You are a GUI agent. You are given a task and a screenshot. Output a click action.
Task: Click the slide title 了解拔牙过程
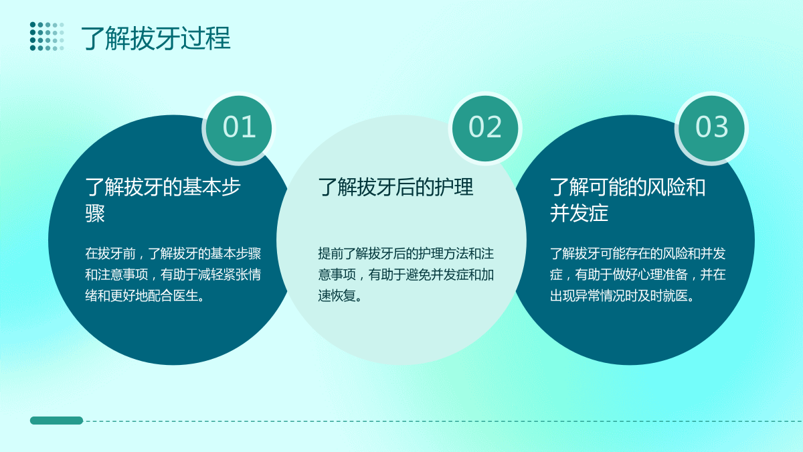tap(155, 38)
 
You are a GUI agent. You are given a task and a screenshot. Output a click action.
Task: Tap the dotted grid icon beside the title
tap(47, 36)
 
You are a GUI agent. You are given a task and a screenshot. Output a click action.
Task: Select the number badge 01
tap(239, 128)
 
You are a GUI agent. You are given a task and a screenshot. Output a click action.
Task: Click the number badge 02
tap(485, 128)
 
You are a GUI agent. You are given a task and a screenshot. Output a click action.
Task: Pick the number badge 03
tap(711, 128)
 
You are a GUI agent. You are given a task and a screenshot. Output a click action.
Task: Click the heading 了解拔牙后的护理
tap(395, 187)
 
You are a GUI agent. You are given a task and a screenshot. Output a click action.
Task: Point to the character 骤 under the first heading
tap(95, 214)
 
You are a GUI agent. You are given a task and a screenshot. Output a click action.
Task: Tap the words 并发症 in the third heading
tap(579, 214)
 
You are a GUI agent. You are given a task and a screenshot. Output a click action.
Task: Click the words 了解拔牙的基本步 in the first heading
tap(163, 187)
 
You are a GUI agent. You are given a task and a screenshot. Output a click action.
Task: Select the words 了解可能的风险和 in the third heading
tap(628, 187)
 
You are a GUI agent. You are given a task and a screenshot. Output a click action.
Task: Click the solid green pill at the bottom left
tap(57, 421)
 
